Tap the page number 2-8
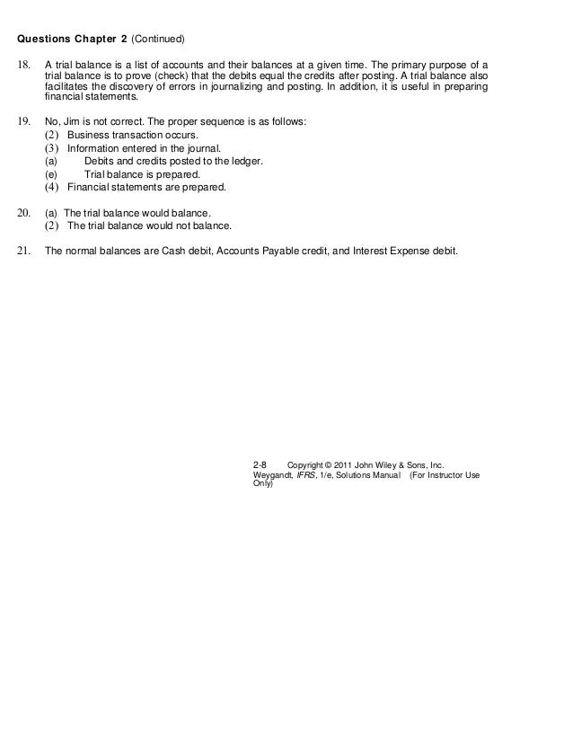[x=260, y=464]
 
